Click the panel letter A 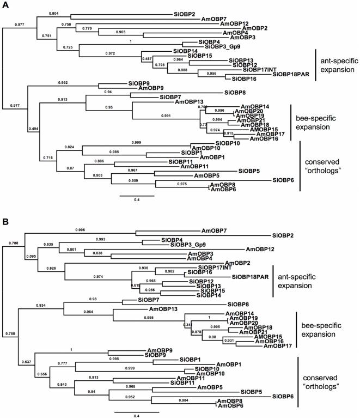(x=5, y=5)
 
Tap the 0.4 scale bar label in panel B (x=137, y=416)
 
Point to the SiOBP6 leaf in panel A (x=283, y=180)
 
